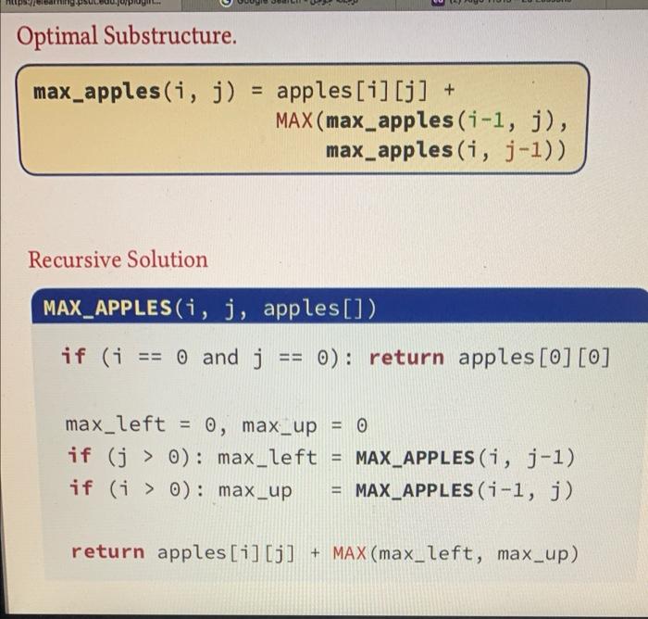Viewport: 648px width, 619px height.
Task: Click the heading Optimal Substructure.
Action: (126, 37)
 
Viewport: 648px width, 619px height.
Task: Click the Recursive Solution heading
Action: (118, 260)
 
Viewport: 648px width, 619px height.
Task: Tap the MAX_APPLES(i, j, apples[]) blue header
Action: (209, 308)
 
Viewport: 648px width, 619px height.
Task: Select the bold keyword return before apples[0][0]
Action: (406, 358)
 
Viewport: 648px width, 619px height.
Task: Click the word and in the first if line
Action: (219, 358)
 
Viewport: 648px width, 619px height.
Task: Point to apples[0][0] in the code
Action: (534, 358)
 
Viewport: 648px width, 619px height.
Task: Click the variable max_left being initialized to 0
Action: (115, 425)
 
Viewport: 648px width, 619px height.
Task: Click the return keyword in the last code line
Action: (107, 553)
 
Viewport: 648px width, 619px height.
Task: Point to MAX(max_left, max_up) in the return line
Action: (455, 553)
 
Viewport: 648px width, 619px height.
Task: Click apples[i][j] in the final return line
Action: (227, 553)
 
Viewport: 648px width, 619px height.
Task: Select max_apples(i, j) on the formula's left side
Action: (134, 92)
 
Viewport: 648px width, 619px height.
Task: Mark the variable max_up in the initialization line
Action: (279, 425)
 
